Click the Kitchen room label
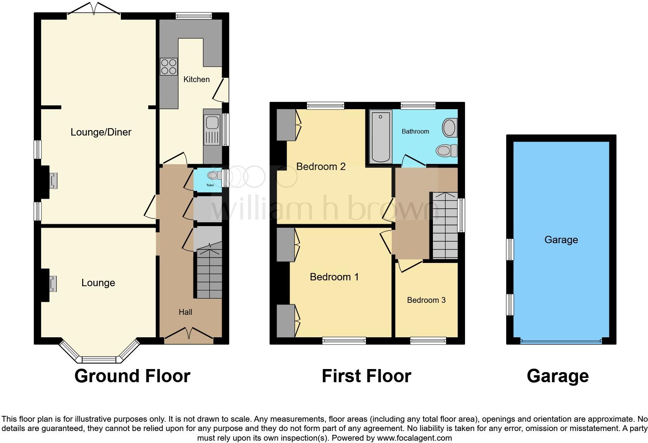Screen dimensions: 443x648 click(196, 79)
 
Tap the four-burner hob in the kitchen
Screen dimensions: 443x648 click(169, 67)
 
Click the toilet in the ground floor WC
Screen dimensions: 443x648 click(213, 176)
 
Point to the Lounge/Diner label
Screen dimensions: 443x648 click(101, 132)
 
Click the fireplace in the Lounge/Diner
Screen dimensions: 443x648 click(53, 181)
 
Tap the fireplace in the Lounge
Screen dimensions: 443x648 click(52, 283)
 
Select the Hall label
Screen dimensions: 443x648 click(185, 312)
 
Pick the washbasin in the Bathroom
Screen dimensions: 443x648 click(449, 127)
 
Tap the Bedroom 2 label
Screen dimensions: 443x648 click(321, 167)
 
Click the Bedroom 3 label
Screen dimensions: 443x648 click(426, 300)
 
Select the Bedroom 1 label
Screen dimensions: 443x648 click(334, 277)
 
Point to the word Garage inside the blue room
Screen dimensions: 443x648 click(561, 240)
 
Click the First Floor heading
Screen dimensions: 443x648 click(366, 376)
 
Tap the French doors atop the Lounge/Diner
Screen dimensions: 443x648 click(94, 10)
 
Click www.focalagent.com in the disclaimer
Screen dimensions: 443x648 click(414, 438)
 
